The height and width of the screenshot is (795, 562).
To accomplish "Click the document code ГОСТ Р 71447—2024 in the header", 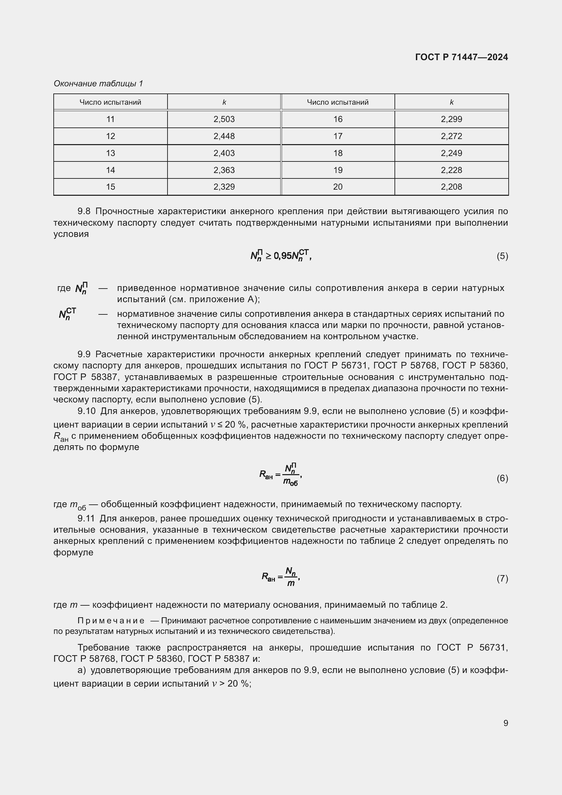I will (461, 57).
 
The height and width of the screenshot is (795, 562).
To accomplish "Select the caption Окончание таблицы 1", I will (98, 84).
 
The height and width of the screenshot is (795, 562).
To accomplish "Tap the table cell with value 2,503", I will (224, 119).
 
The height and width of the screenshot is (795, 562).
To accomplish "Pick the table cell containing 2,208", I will (451, 187).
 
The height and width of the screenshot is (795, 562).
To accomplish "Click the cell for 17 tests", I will (338, 136).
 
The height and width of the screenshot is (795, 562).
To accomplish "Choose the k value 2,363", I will (224, 170).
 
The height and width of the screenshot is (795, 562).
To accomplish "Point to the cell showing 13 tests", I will (110, 153).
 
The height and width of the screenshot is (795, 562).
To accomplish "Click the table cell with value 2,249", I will (451, 153).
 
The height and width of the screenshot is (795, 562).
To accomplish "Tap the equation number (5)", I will (502, 256).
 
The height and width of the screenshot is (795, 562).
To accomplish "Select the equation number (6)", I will (502, 478).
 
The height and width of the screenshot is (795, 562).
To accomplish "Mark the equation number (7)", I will (502, 578).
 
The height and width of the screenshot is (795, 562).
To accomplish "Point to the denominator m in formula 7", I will (291, 584).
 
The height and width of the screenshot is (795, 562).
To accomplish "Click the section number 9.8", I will (84, 211).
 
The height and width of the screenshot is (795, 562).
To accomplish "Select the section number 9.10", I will (86, 411).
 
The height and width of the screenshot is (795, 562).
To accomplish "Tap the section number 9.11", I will (86, 518).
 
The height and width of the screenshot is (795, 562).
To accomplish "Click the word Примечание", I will (111, 621).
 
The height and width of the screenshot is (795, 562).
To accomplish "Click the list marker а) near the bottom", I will (82, 670).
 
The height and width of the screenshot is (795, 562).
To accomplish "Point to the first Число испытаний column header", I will (110, 103).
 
